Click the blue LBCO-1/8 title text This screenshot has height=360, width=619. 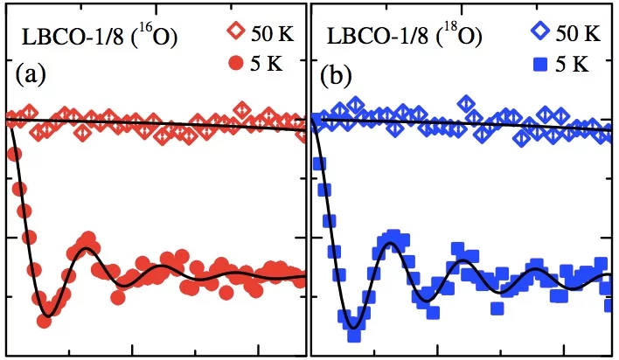(374, 38)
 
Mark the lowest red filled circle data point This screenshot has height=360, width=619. (45, 321)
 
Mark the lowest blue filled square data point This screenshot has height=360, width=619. (354, 335)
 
